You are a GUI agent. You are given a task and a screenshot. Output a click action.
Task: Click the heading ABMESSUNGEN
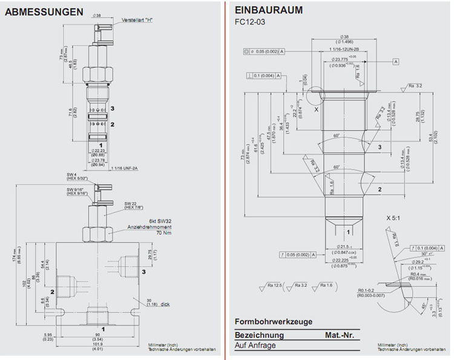pos(44,11)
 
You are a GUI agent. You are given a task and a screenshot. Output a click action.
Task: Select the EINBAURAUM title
pos(268,11)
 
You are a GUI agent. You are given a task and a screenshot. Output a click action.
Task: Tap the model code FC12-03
pos(250,22)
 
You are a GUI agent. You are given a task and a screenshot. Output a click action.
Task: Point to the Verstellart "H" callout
pos(137,20)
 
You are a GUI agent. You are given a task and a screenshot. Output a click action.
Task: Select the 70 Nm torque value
pos(163,233)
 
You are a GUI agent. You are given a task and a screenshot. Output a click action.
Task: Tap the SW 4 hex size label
pos(73,175)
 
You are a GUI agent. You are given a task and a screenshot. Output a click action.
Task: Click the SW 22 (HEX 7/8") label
pos(136,206)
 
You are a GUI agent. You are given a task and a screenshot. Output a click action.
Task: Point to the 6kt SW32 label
pos(160,221)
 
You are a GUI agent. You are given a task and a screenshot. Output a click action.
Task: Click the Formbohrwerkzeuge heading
pos(274,321)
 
